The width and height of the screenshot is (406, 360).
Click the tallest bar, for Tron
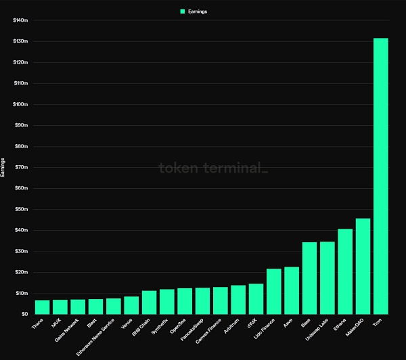point(381,176)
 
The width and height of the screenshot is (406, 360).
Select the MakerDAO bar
point(363,266)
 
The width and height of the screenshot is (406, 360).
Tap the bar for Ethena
point(345,271)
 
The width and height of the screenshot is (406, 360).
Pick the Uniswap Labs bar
point(328,277)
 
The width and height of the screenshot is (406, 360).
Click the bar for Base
point(309,277)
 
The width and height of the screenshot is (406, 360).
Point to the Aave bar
point(292,290)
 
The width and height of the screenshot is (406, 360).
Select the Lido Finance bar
point(274,291)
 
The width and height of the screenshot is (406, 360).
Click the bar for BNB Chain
point(150,302)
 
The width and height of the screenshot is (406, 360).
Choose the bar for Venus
point(131,305)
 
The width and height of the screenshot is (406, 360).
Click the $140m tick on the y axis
point(20,20)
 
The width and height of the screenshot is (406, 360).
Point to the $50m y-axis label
point(21,209)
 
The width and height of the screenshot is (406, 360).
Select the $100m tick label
point(20,104)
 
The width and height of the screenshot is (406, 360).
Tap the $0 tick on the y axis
point(24,314)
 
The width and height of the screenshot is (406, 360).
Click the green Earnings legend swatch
point(183,12)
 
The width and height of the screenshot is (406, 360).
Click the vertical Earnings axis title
point(5,167)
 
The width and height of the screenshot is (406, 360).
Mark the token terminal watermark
point(213,168)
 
